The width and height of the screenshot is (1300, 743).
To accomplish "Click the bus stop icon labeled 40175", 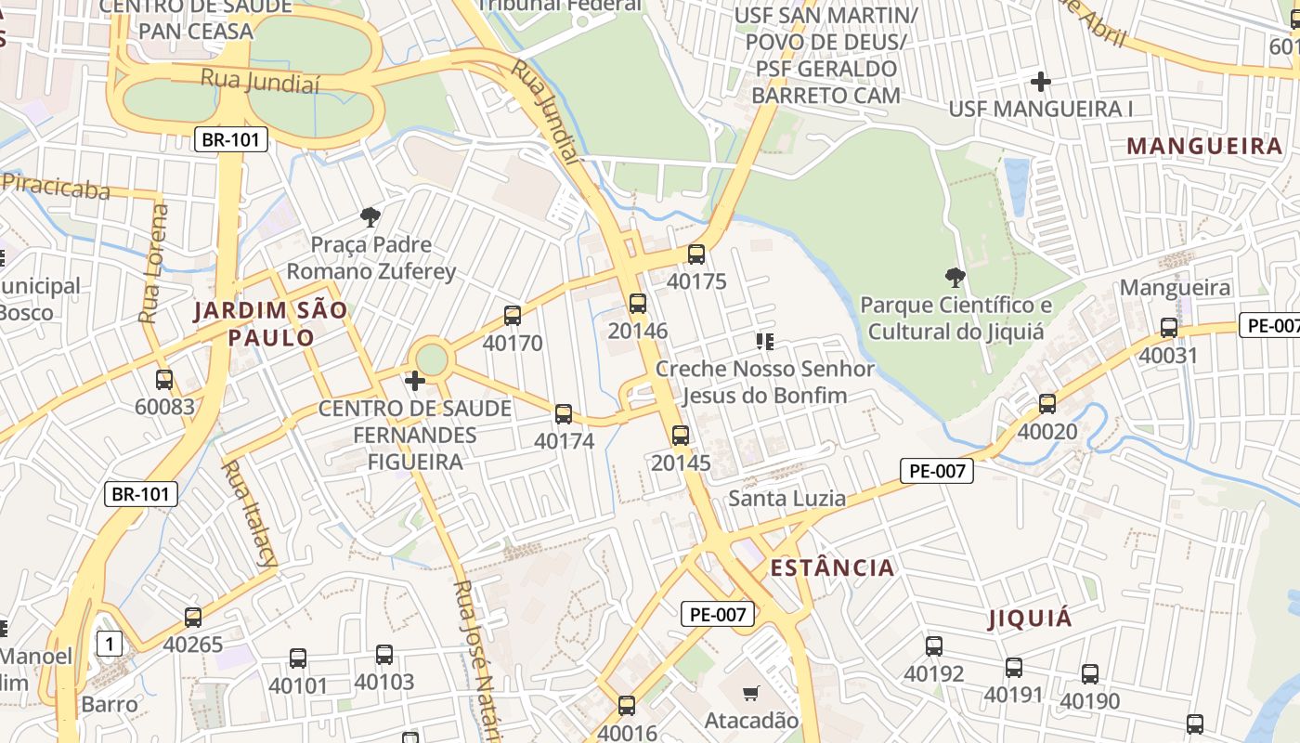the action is (x=696, y=254).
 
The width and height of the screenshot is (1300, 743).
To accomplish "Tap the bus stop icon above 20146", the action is (x=637, y=303).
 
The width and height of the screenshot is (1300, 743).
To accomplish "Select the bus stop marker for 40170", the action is (x=513, y=316).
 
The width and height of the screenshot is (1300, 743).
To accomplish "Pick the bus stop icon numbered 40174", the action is (x=564, y=414).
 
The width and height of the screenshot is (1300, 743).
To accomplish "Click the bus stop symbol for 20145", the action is (x=681, y=435).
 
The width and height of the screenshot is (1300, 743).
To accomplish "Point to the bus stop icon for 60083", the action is (x=164, y=379).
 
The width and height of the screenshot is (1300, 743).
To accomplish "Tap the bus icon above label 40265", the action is (x=193, y=617).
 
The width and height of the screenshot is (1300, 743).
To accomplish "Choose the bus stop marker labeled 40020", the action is (x=1047, y=404).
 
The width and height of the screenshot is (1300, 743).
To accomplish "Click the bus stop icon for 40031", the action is (x=1169, y=328).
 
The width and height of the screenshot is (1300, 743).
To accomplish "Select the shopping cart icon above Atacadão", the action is (x=752, y=693).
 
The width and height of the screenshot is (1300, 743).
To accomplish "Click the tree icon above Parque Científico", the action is (x=955, y=277).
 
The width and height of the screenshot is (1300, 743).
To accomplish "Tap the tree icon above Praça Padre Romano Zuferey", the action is (x=370, y=217).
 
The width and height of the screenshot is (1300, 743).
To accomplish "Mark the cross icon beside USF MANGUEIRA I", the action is (x=1041, y=82).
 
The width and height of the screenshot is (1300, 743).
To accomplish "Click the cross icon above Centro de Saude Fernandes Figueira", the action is (x=415, y=381).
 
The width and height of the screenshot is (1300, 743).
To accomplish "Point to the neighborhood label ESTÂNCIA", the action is (x=833, y=567).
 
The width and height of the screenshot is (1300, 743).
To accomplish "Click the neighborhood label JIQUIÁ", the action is (x=1030, y=619).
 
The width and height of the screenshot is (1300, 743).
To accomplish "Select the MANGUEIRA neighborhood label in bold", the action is (x=1204, y=146).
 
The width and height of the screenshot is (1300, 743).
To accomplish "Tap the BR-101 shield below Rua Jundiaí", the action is (x=231, y=140).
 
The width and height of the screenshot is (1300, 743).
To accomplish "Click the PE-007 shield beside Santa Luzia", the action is (x=937, y=471).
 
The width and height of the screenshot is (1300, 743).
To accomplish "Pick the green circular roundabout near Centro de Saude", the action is (x=432, y=359).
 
